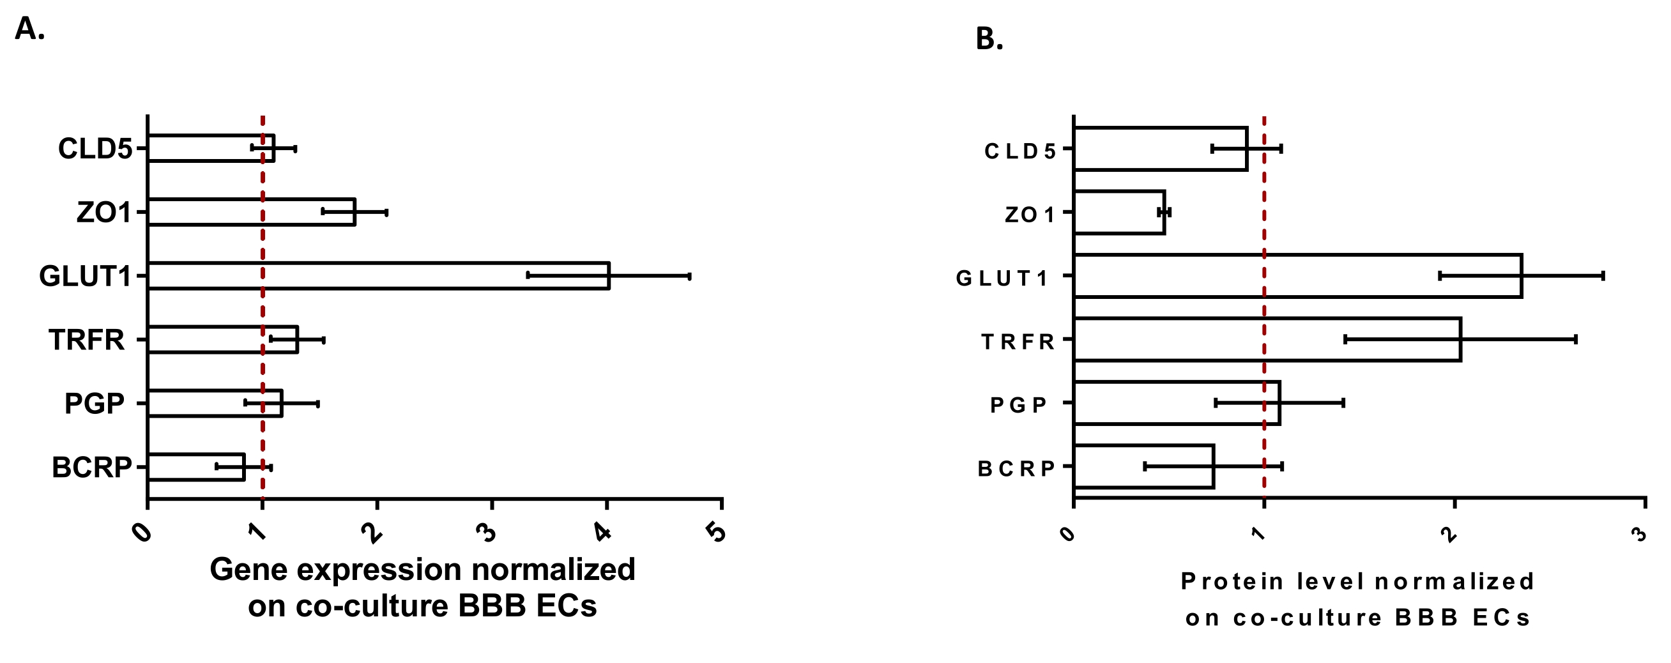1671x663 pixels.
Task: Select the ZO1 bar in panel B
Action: pos(1120,212)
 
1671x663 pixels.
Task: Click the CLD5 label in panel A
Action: pos(95,149)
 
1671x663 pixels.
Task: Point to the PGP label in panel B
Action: pos(1018,406)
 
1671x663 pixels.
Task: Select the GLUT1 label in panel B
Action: pos(1002,278)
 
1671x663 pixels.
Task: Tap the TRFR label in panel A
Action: pos(86,340)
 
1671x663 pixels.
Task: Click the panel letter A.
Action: pos(29,29)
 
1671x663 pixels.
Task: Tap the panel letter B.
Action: pos(989,40)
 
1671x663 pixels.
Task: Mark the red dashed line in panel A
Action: pos(262,305)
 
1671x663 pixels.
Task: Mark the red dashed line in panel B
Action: pos(1264,305)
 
